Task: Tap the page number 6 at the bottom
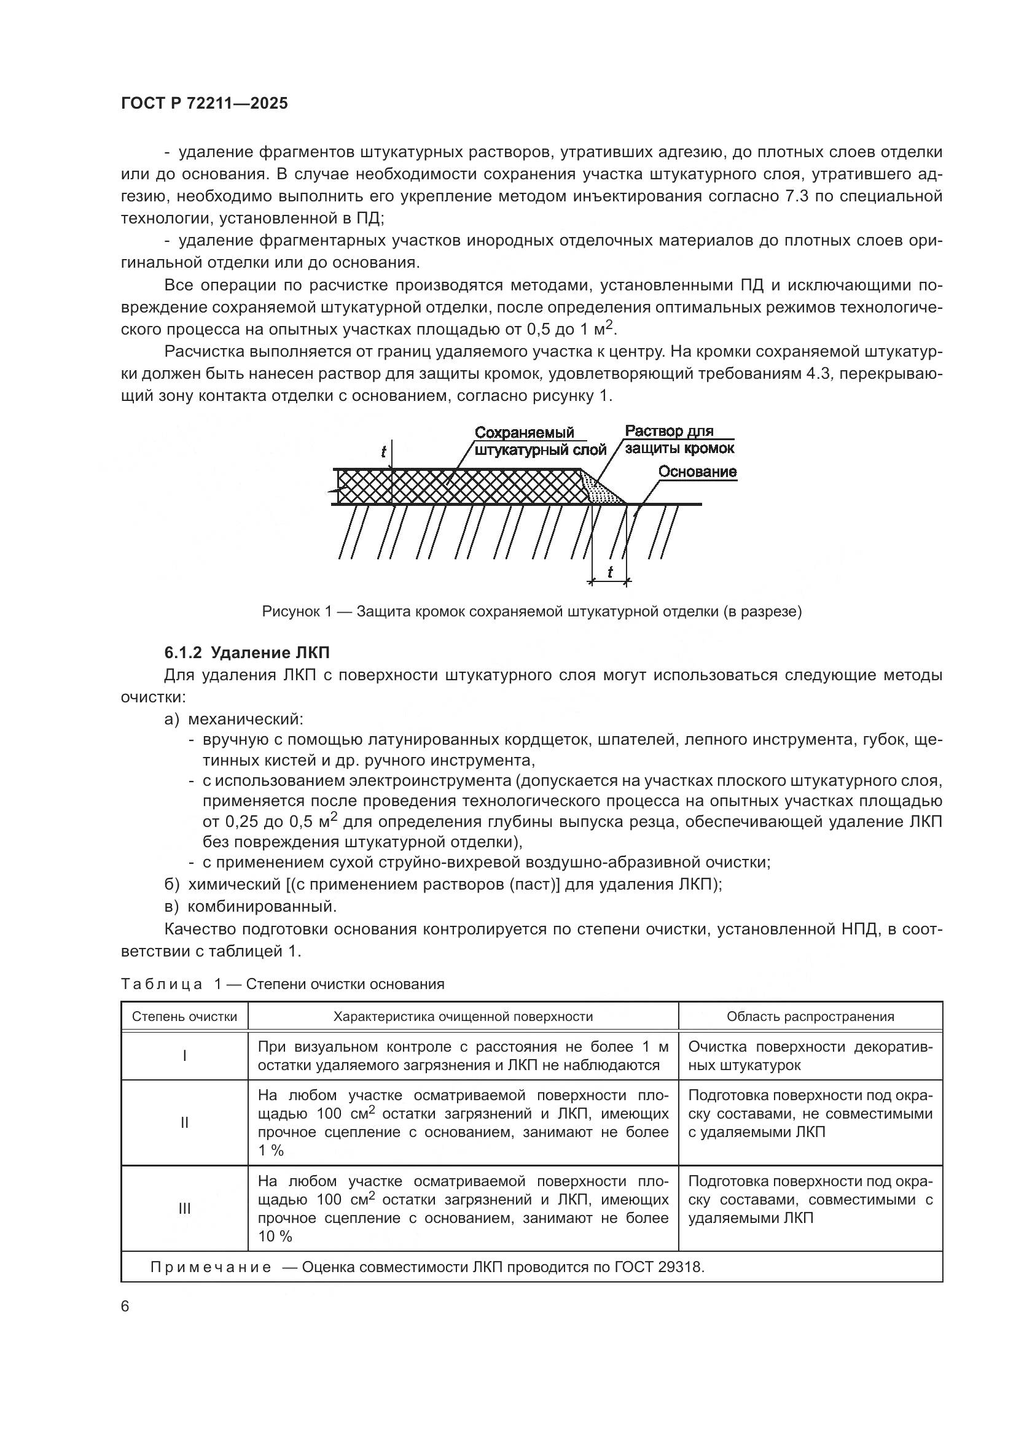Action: click(125, 1306)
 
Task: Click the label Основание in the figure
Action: click(697, 472)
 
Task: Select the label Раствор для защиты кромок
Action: click(679, 440)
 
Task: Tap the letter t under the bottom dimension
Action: click(609, 572)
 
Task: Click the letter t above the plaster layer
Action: click(383, 452)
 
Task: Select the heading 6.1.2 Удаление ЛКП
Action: click(246, 653)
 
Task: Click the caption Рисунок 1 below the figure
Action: click(531, 611)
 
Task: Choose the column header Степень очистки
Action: click(184, 1016)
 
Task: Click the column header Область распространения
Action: click(810, 1016)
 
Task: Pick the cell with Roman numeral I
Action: click(184, 1057)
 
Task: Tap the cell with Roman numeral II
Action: click(184, 1123)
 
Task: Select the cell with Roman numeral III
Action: click(184, 1209)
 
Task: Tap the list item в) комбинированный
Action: click(250, 906)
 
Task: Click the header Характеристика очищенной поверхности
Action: click(463, 1016)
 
